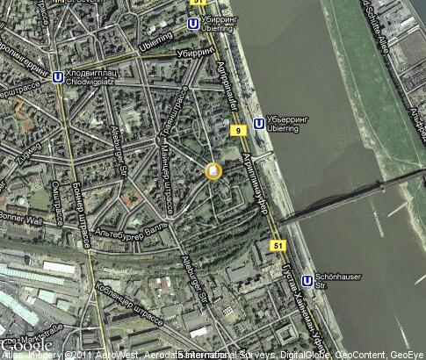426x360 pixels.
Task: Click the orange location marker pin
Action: pos(213,171)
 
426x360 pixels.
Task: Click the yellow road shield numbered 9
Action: pos(237,131)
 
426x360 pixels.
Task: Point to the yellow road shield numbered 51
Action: pos(278,246)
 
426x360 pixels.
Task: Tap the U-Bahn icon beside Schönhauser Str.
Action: pos(307,281)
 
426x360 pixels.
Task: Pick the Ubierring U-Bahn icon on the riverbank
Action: pos(258,124)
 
